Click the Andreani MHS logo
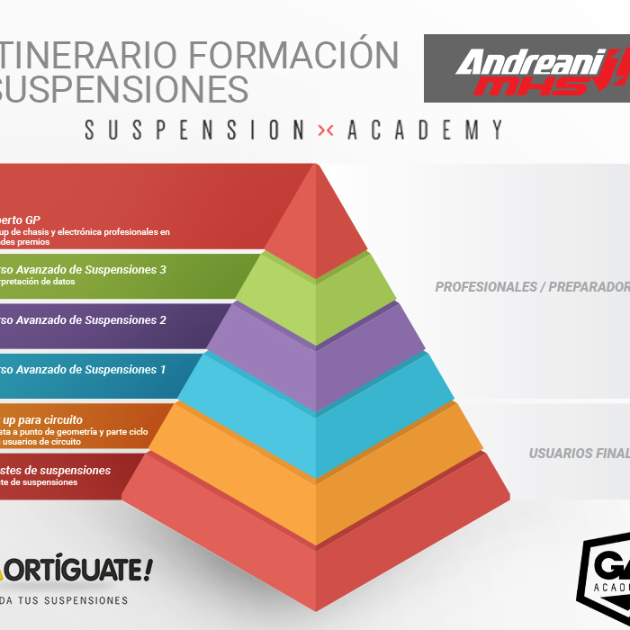coord(526,68)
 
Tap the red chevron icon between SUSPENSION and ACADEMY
coord(326,130)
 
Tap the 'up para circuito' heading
coord(43,419)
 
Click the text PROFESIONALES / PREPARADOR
coord(532,287)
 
